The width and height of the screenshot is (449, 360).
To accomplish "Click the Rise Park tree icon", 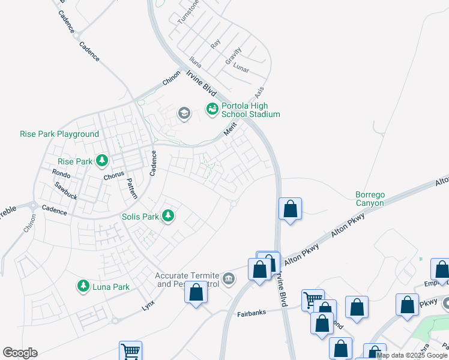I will (102, 161).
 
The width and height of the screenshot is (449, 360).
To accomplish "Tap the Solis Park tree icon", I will (169, 215).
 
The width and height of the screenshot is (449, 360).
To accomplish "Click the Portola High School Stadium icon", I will (212, 109).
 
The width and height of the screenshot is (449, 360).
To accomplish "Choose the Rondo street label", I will (61, 173).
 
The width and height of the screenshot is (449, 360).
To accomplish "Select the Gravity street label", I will (233, 56).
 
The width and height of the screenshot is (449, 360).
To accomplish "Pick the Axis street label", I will (259, 93).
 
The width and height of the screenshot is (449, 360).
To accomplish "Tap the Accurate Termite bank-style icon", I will (229, 278).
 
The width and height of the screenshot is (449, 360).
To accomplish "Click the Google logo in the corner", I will (20, 353).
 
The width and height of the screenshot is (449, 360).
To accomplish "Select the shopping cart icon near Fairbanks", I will (313, 298).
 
